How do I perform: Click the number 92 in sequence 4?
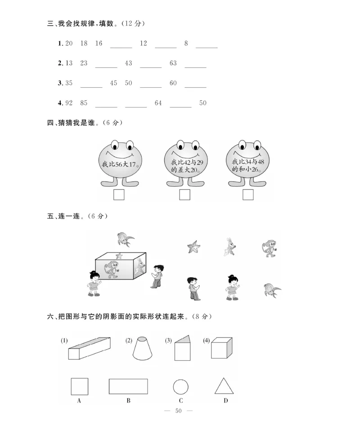(69, 103)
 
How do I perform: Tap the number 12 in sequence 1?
(144, 44)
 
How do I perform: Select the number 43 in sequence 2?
(129, 63)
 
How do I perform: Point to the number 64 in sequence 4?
(158, 103)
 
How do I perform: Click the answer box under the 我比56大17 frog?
(119, 195)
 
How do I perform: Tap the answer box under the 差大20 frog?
(184, 195)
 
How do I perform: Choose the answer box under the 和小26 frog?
(248, 195)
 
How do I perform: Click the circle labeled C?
(181, 387)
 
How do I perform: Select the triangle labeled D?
(224, 387)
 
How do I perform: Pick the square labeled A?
(79, 386)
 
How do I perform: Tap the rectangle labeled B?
(128, 386)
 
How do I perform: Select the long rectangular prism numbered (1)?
(89, 348)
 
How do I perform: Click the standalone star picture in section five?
(194, 247)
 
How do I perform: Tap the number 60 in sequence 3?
(173, 83)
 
